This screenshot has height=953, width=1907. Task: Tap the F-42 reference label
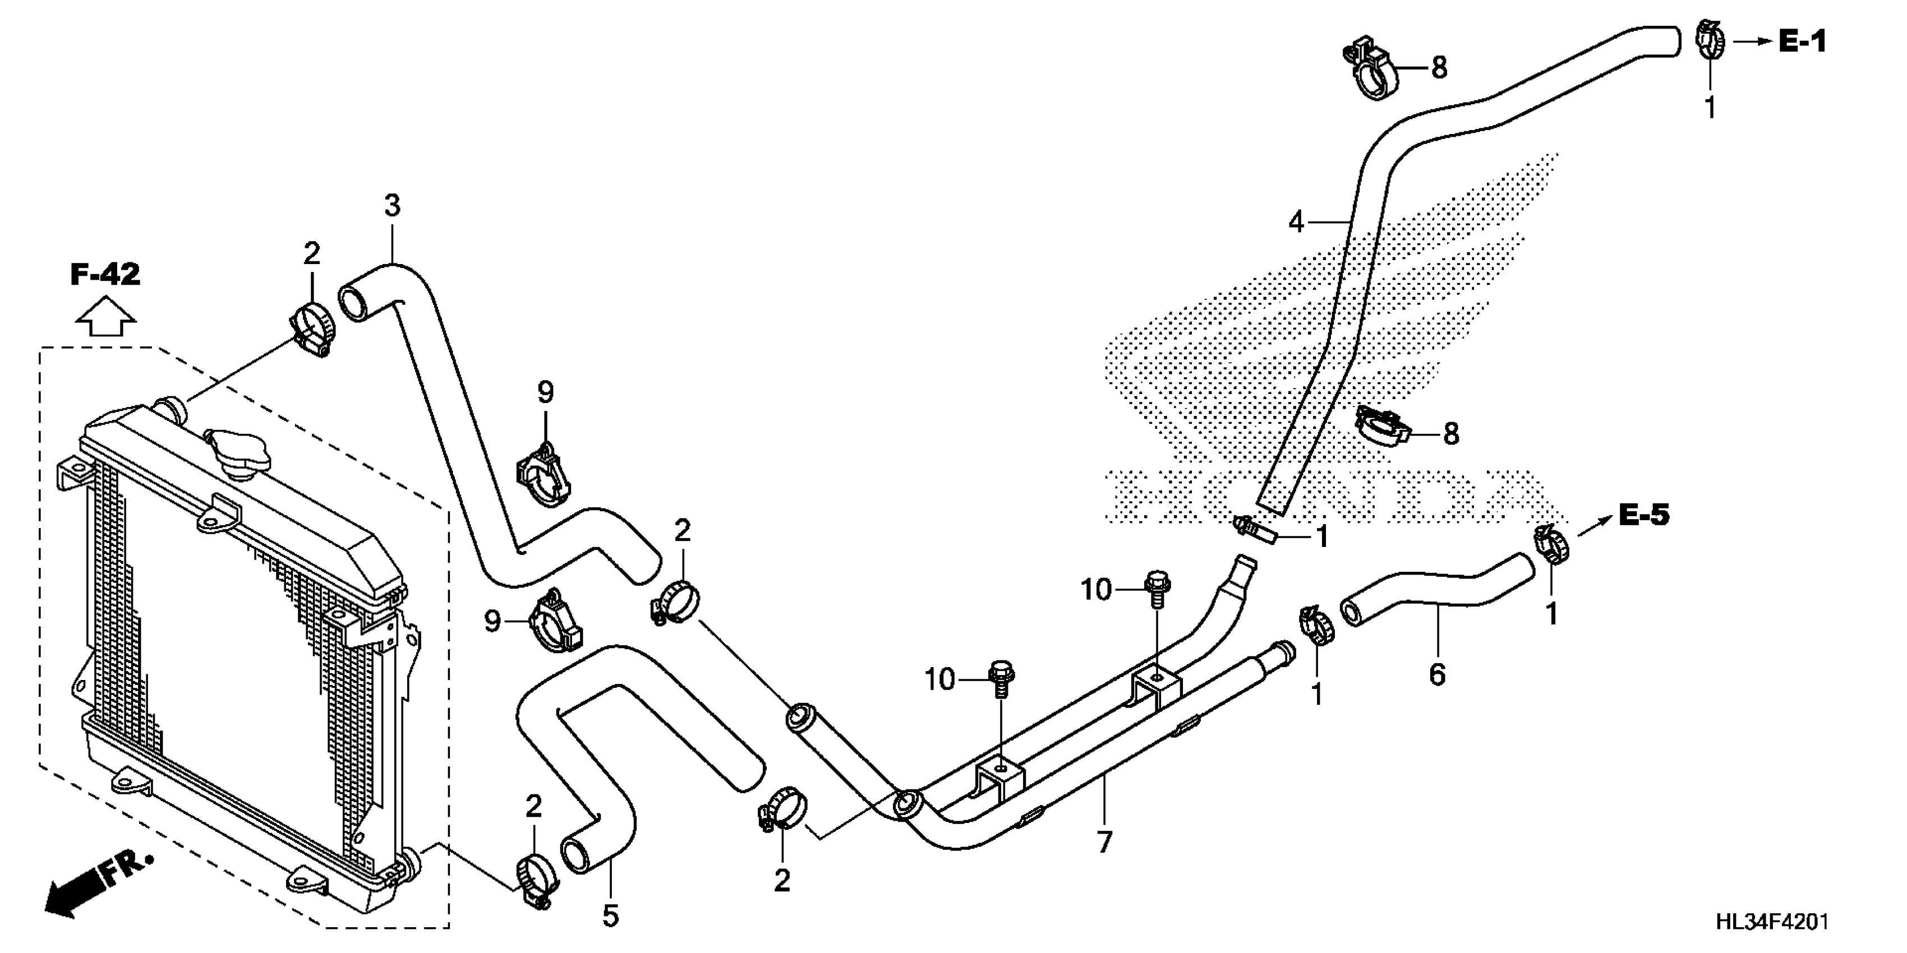pyautogui.click(x=105, y=275)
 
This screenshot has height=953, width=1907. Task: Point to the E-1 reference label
pyautogui.click(x=1803, y=42)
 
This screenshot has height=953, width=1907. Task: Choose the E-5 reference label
pyautogui.click(x=1644, y=515)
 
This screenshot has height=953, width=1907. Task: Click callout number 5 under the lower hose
pyautogui.click(x=610, y=916)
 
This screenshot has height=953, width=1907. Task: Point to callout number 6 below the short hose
pyautogui.click(x=1437, y=674)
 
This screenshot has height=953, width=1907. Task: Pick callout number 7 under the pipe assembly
pyautogui.click(x=1104, y=842)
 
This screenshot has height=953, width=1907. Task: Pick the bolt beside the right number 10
pyautogui.click(x=1157, y=589)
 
